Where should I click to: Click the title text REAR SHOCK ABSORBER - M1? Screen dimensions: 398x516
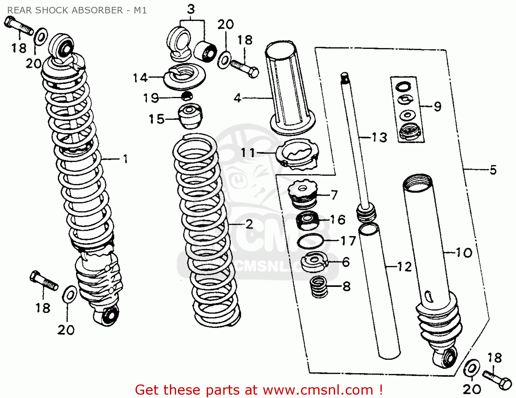point(77,10)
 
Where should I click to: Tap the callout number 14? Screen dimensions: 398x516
point(140,78)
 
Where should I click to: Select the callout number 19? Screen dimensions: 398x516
point(151,98)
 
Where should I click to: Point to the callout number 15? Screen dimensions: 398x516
point(157,119)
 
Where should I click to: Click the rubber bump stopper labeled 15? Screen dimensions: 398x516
point(190,116)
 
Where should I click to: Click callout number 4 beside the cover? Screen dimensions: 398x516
point(237,98)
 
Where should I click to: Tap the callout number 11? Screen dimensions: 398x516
point(248,152)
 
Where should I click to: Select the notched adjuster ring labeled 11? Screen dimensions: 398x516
point(298,154)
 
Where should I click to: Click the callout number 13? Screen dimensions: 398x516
point(379,138)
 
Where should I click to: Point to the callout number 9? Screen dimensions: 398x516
point(437,107)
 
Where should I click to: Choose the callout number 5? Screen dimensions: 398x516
point(493,170)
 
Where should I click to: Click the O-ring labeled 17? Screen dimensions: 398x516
point(310,241)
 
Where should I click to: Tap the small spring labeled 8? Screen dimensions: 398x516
point(319,287)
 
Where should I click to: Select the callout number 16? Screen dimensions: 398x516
point(337,219)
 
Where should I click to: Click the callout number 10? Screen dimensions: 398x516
point(464,253)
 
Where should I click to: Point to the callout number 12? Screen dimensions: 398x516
point(404,267)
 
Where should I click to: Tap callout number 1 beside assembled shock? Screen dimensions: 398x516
point(126,159)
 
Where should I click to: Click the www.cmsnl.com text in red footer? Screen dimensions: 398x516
point(318,390)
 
